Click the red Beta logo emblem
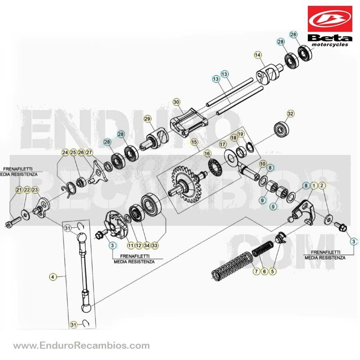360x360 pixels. click(330, 19)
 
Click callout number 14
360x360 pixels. click(257, 55)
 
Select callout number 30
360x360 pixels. click(176, 102)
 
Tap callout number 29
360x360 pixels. click(148, 119)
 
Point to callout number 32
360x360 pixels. click(290, 114)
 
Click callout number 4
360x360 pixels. click(53, 277)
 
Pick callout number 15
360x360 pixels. click(194, 142)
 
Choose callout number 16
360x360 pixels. click(207, 153)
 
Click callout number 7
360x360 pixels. click(256, 271)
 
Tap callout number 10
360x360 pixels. click(263, 164)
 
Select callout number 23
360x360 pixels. click(35, 190)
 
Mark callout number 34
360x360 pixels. click(147, 245)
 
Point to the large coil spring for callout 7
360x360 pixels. click(232, 266)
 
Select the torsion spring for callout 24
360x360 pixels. click(69, 189)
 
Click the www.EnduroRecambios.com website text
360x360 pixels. click(81, 346)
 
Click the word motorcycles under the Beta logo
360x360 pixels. click(330, 45)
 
